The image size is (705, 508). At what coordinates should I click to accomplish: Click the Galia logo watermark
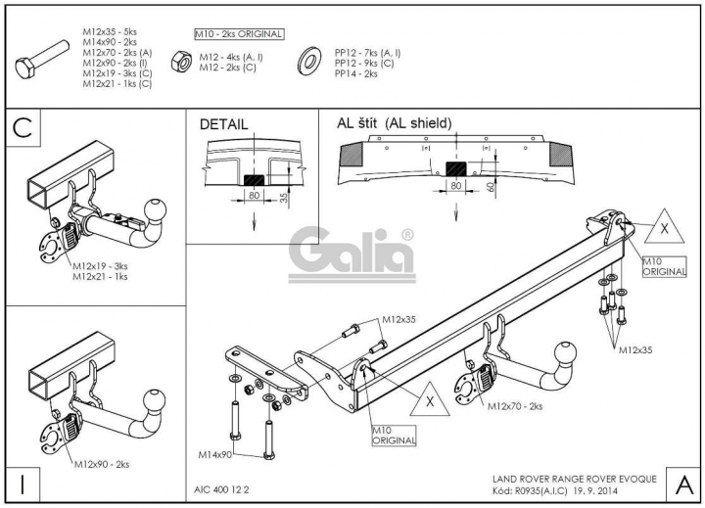(x=352, y=255)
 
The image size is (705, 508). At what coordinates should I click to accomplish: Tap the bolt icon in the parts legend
(x=42, y=60)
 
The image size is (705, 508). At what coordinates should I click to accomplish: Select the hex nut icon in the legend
(x=181, y=61)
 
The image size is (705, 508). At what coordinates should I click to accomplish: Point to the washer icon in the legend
(x=309, y=61)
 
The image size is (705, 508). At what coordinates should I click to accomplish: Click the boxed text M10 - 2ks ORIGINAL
(x=239, y=34)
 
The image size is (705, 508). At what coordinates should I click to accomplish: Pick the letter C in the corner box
(x=23, y=128)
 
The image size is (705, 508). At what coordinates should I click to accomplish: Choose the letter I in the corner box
(x=23, y=485)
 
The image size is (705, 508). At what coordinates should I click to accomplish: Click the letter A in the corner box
(x=683, y=485)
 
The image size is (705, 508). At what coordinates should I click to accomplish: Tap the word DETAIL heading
(x=223, y=124)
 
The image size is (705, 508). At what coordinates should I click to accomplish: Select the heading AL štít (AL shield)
(x=394, y=123)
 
